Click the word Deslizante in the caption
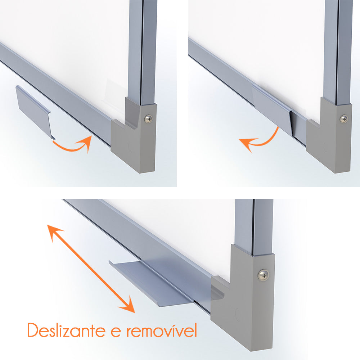click(x=66, y=330)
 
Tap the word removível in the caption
click(x=162, y=330)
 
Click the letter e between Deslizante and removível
click(x=116, y=332)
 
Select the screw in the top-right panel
click(x=344, y=119)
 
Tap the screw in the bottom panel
click(x=264, y=275)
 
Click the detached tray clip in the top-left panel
click(x=35, y=111)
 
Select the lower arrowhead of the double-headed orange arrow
click(x=127, y=305)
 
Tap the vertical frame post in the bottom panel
click(x=254, y=226)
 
